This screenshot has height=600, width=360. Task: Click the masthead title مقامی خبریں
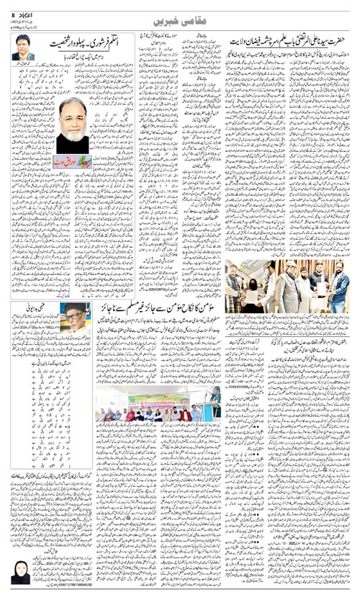(x=181, y=15)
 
